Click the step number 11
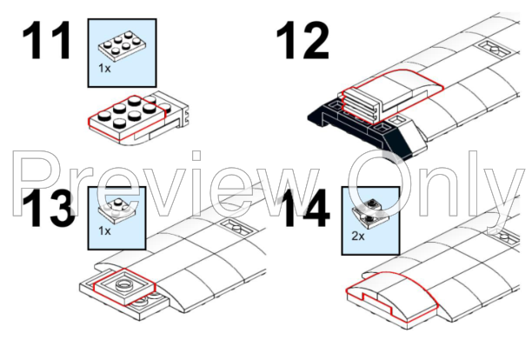(x=46, y=40)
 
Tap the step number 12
(x=303, y=40)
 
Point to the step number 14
(x=306, y=208)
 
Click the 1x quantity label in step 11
(x=104, y=68)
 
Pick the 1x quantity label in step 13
(x=104, y=231)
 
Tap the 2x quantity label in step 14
(x=358, y=236)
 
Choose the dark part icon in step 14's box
(x=370, y=213)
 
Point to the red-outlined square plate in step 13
(x=124, y=286)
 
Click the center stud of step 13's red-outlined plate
(x=124, y=284)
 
